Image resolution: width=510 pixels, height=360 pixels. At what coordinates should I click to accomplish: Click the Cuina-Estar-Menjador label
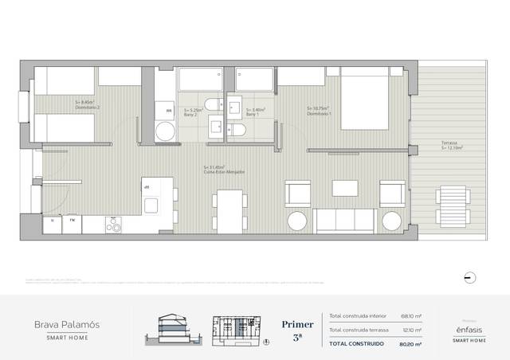point(224,170)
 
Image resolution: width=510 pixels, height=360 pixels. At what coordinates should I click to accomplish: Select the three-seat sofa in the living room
point(343,220)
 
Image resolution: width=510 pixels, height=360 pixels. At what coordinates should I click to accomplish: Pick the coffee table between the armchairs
point(345,188)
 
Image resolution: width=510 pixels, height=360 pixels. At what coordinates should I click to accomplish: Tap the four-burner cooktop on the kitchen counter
point(114,225)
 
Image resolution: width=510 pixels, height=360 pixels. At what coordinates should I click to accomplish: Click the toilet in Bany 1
point(237,130)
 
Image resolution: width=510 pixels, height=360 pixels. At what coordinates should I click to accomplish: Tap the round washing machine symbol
point(165,131)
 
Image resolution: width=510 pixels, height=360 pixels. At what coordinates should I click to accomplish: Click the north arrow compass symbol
point(469,277)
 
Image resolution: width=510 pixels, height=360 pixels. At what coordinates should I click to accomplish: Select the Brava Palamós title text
point(67,324)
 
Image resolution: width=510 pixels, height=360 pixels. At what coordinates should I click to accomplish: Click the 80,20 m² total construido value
point(412,343)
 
